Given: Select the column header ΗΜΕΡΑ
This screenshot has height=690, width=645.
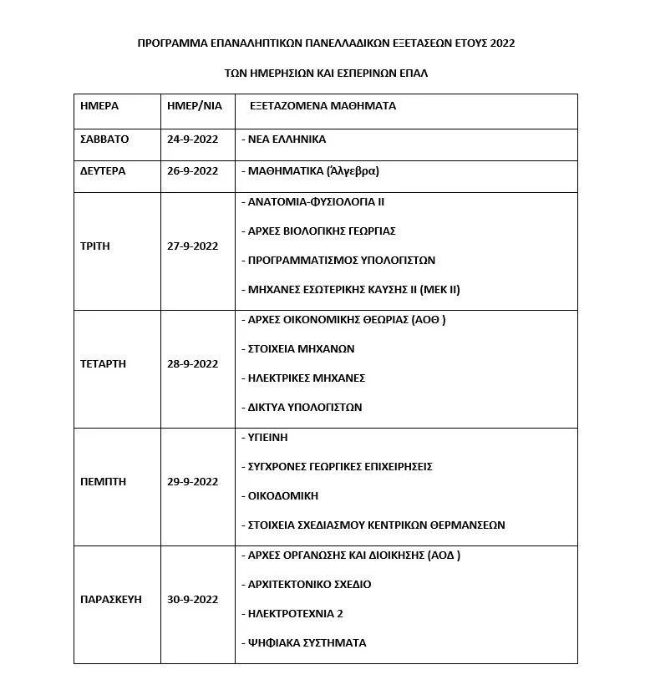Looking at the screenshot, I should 99,107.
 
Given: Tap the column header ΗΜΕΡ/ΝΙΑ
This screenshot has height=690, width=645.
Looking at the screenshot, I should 194,107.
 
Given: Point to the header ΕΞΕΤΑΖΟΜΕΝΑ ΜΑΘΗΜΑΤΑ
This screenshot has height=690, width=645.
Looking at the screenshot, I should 322,107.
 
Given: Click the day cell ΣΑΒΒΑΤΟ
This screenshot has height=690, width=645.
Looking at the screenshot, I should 104,140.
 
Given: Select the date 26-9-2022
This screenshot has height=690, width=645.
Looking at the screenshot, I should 193,171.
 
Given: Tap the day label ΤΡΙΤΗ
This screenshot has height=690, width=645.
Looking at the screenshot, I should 94,246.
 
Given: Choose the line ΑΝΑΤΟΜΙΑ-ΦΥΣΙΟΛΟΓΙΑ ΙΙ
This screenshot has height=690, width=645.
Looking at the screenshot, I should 312,202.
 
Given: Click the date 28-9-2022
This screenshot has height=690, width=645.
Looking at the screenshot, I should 193,364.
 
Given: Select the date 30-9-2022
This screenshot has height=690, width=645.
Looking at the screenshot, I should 193,600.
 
